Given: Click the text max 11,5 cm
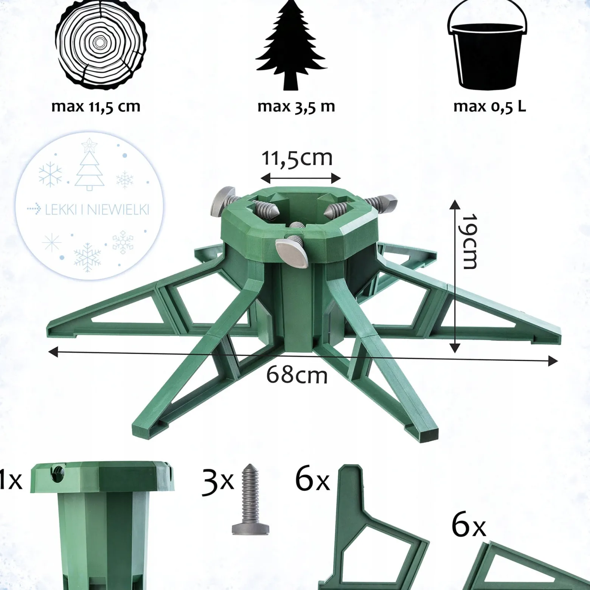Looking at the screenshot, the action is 96,107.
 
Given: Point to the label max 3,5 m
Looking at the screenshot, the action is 296,107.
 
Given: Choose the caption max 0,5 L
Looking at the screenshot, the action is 489,107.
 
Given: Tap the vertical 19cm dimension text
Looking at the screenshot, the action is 469,242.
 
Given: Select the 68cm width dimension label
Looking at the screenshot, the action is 297,375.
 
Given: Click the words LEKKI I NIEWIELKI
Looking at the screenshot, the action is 97,210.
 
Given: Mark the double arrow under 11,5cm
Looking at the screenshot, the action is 301,177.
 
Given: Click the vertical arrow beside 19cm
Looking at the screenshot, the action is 455,276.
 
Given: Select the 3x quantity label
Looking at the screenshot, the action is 218,482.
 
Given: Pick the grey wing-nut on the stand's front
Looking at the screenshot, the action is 292,252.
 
